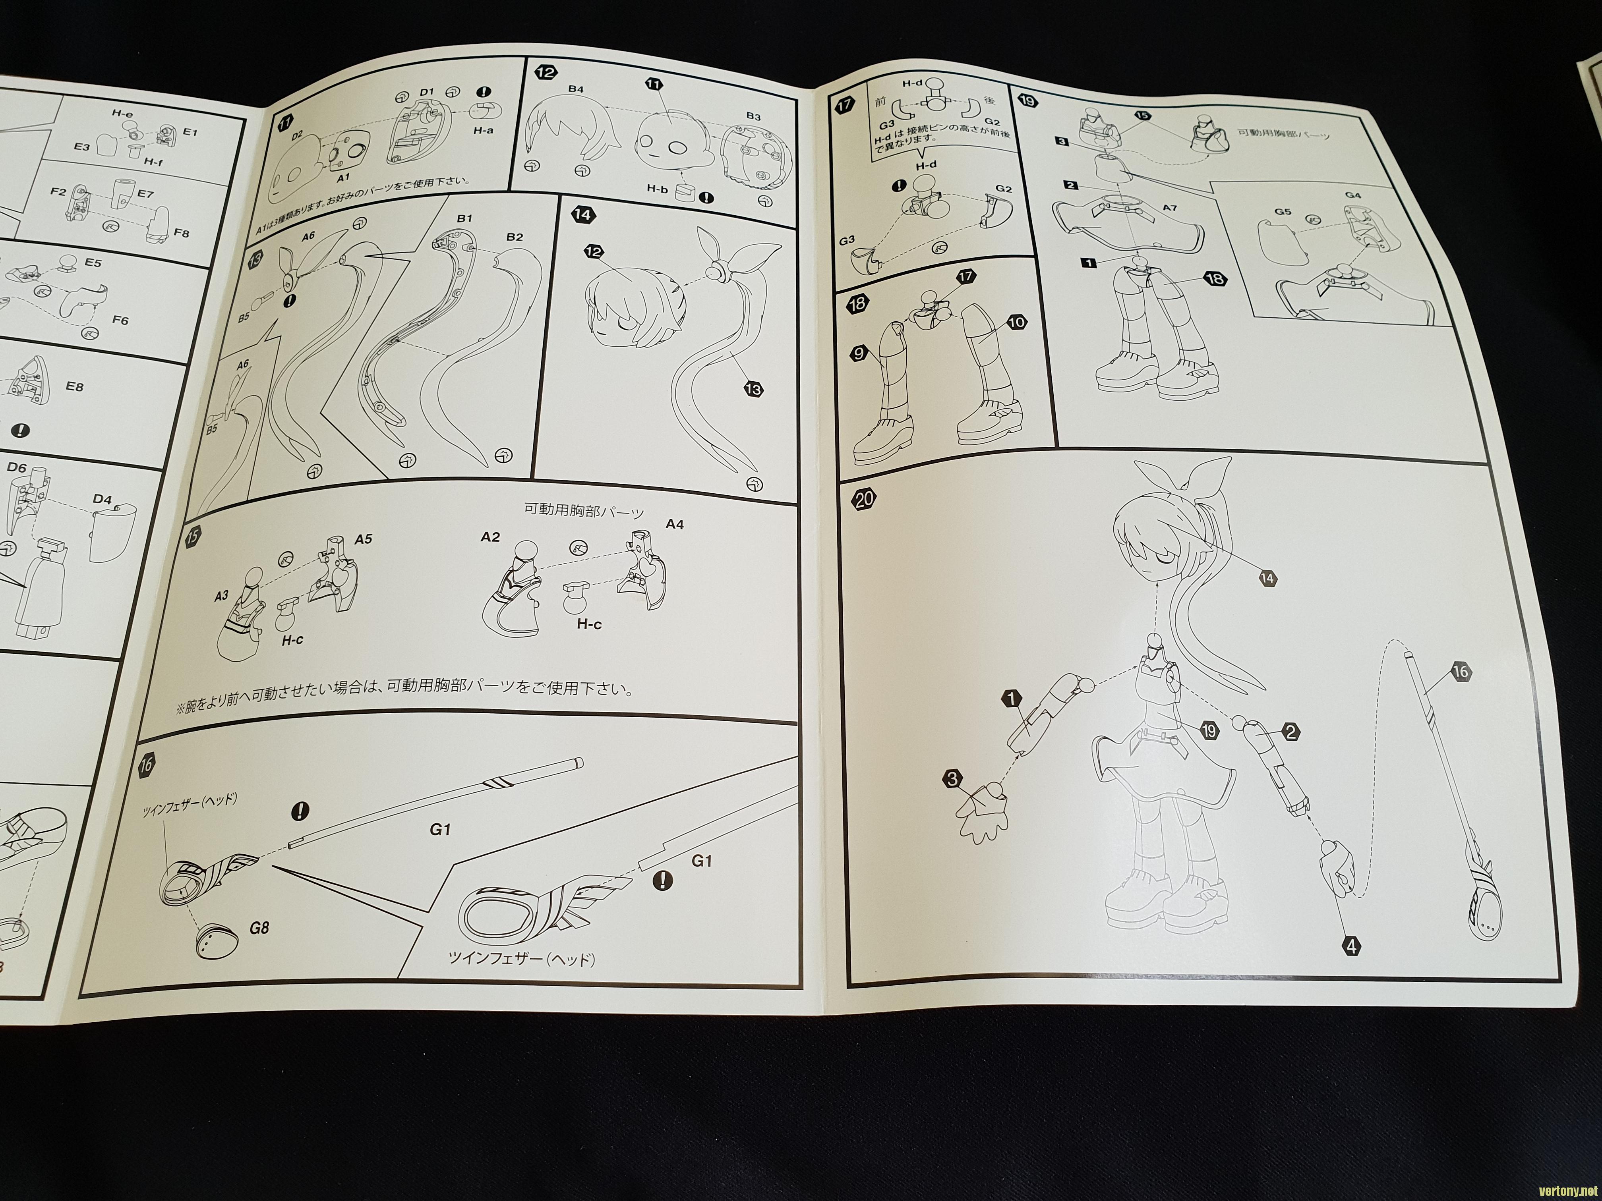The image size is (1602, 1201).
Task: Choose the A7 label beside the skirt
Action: (1170, 209)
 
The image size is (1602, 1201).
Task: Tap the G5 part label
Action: (1283, 212)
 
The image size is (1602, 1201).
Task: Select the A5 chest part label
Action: (364, 539)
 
